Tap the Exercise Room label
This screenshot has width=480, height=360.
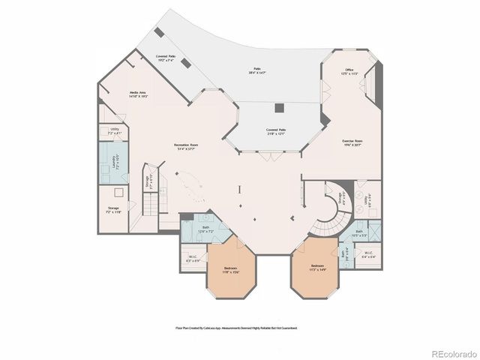352,142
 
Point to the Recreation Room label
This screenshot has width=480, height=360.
186,146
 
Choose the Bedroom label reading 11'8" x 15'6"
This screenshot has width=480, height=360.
230,270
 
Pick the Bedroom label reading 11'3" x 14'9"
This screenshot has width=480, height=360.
318,267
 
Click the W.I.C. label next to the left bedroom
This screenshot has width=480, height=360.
193,259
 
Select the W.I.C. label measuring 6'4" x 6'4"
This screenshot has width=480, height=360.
368,253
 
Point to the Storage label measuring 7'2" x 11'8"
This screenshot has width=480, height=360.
114,210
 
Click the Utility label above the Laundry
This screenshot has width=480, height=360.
115,131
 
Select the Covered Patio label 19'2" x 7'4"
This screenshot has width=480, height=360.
166,58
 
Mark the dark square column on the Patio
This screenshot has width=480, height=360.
279,107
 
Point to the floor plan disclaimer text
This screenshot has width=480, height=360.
236,328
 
